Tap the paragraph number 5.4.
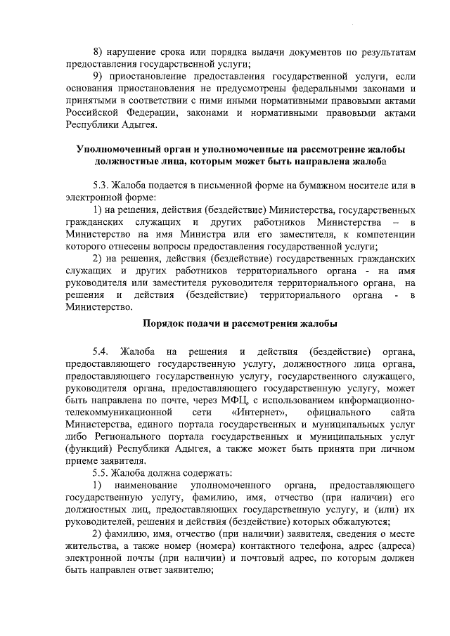(x=102, y=350)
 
